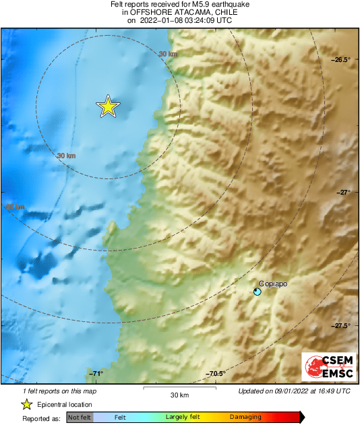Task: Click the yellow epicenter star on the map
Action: (108, 106)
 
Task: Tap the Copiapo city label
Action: (273, 284)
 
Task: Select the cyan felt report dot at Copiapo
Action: (257, 292)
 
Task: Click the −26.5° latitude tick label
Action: (340, 60)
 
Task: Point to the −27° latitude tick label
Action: (343, 193)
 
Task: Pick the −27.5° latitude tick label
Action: (340, 326)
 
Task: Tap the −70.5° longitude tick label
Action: (215, 374)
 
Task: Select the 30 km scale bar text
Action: (179, 395)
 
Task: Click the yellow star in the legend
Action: (26, 404)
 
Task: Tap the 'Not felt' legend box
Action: (79, 418)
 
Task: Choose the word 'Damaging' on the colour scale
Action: (245, 418)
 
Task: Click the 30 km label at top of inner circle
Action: (168, 54)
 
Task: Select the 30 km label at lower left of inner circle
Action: (65, 156)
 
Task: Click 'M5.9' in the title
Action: (184, 5)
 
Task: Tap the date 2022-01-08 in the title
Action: (165, 21)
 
